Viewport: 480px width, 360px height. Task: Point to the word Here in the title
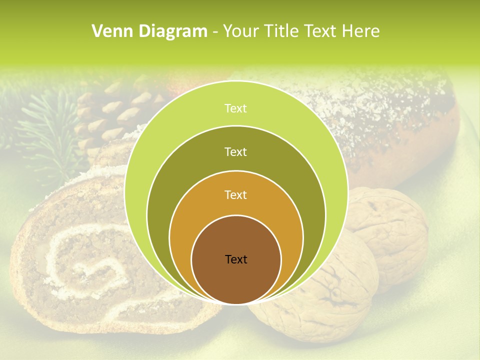click(361, 31)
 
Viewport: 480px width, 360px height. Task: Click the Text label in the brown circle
click(236, 259)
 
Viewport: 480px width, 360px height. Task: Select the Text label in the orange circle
click(236, 195)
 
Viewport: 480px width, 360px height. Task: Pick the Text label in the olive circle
click(236, 151)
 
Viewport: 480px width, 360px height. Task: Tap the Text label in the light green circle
click(236, 108)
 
